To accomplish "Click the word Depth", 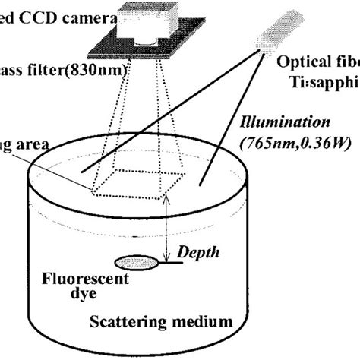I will pos(193,251).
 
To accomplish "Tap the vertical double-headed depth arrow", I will pos(168,229).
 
